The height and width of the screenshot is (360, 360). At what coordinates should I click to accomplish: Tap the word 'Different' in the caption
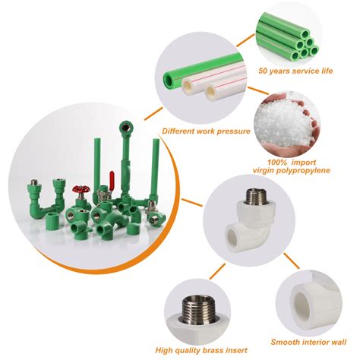point(178,131)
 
